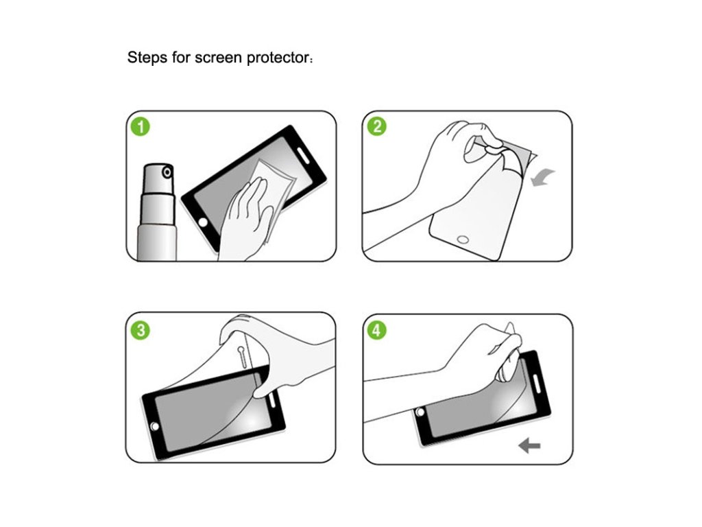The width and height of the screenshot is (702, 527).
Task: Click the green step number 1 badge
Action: click(x=140, y=127)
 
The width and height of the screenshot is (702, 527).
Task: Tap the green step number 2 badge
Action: click(x=376, y=126)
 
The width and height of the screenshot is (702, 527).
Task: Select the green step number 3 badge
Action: click(x=141, y=330)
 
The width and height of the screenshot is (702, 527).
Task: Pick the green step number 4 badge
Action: click(x=376, y=330)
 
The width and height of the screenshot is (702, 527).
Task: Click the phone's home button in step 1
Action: click(x=203, y=222)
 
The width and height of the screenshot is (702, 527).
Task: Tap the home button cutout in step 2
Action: click(x=463, y=239)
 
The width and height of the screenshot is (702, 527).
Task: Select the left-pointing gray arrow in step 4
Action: click(x=529, y=445)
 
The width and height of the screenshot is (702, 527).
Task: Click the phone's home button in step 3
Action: click(x=155, y=425)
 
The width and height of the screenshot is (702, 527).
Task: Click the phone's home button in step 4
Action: click(x=420, y=412)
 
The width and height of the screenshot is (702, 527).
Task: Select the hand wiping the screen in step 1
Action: click(x=245, y=220)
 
